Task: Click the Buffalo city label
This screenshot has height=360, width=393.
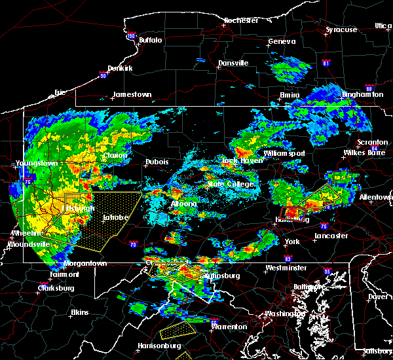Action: pyautogui.click(x=150, y=40)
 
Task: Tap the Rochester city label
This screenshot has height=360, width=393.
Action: pyautogui.click(x=241, y=20)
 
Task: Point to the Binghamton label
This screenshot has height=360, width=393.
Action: pyautogui.click(x=362, y=95)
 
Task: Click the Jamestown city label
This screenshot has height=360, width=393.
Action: pyautogui.click(x=132, y=94)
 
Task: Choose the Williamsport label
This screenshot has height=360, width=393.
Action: pyautogui.click(x=284, y=153)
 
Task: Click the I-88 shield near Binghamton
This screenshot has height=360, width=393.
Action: pyautogui.click(x=369, y=89)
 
